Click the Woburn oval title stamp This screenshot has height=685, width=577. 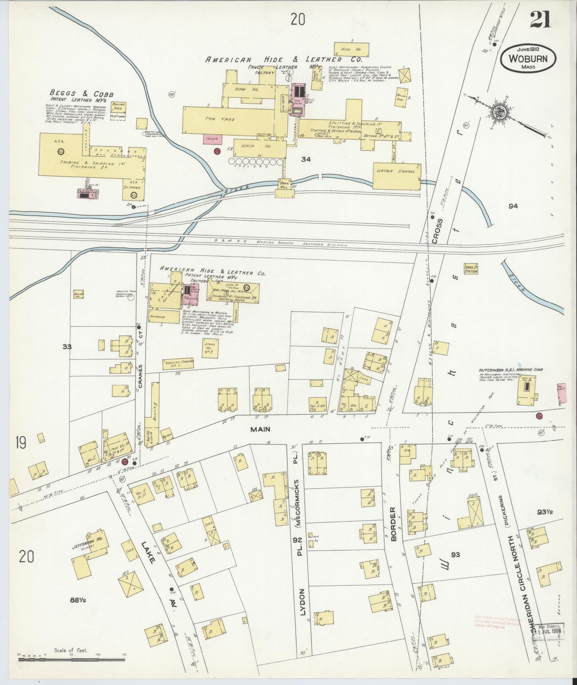(x=527, y=58)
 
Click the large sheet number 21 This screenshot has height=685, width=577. (x=540, y=20)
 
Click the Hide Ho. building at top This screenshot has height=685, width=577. (x=351, y=49)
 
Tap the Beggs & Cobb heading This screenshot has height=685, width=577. (x=81, y=94)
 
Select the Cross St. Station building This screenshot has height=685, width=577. (x=471, y=269)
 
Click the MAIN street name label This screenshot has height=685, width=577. (x=260, y=429)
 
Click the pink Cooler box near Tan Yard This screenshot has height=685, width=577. (x=212, y=139)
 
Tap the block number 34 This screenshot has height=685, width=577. (x=306, y=159)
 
